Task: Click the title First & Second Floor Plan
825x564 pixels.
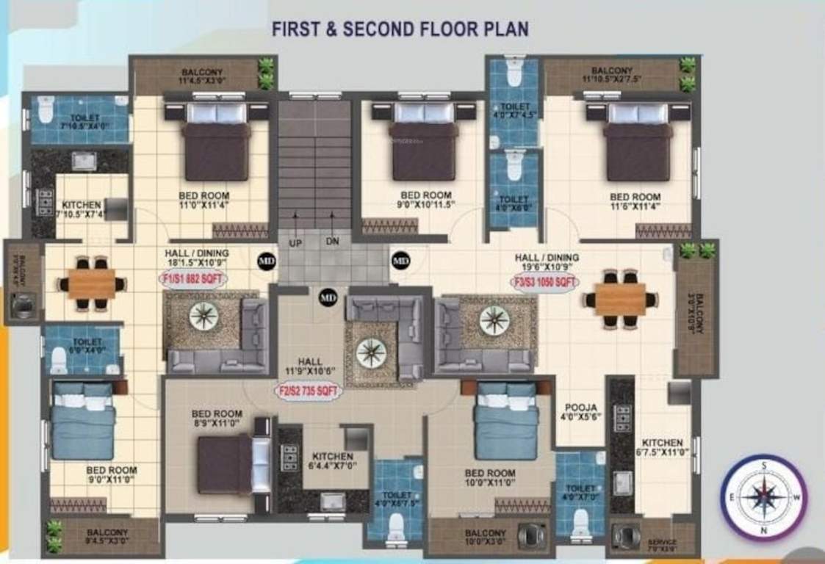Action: pos(400,29)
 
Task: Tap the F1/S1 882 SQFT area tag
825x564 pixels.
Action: pos(193,279)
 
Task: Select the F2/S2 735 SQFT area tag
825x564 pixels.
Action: pos(309,391)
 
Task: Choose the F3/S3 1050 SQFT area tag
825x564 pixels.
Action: pos(544,281)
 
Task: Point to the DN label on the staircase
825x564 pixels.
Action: pos(333,241)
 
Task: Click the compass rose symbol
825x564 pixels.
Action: pos(763,497)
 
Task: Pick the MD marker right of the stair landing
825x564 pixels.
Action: pos(400,259)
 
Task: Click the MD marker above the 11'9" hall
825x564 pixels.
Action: pos(328,297)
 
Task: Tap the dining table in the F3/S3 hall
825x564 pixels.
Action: pos(620,299)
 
